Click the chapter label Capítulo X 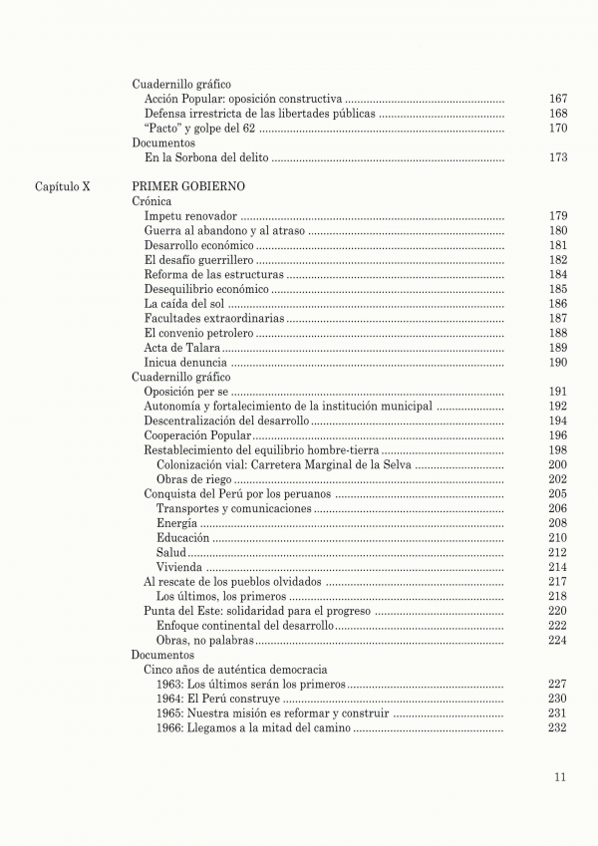point(63,186)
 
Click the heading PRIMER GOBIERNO point(188,186)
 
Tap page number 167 point(558,100)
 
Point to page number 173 point(558,157)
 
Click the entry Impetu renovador point(190,216)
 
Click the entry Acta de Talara point(181,348)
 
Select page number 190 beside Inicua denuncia point(558,362)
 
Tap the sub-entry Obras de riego point(187,479)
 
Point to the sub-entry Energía point(176,523)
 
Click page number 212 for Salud point(558,552)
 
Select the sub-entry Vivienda point(179,567)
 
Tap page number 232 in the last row point(558,727)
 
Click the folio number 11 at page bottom point(561,778)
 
